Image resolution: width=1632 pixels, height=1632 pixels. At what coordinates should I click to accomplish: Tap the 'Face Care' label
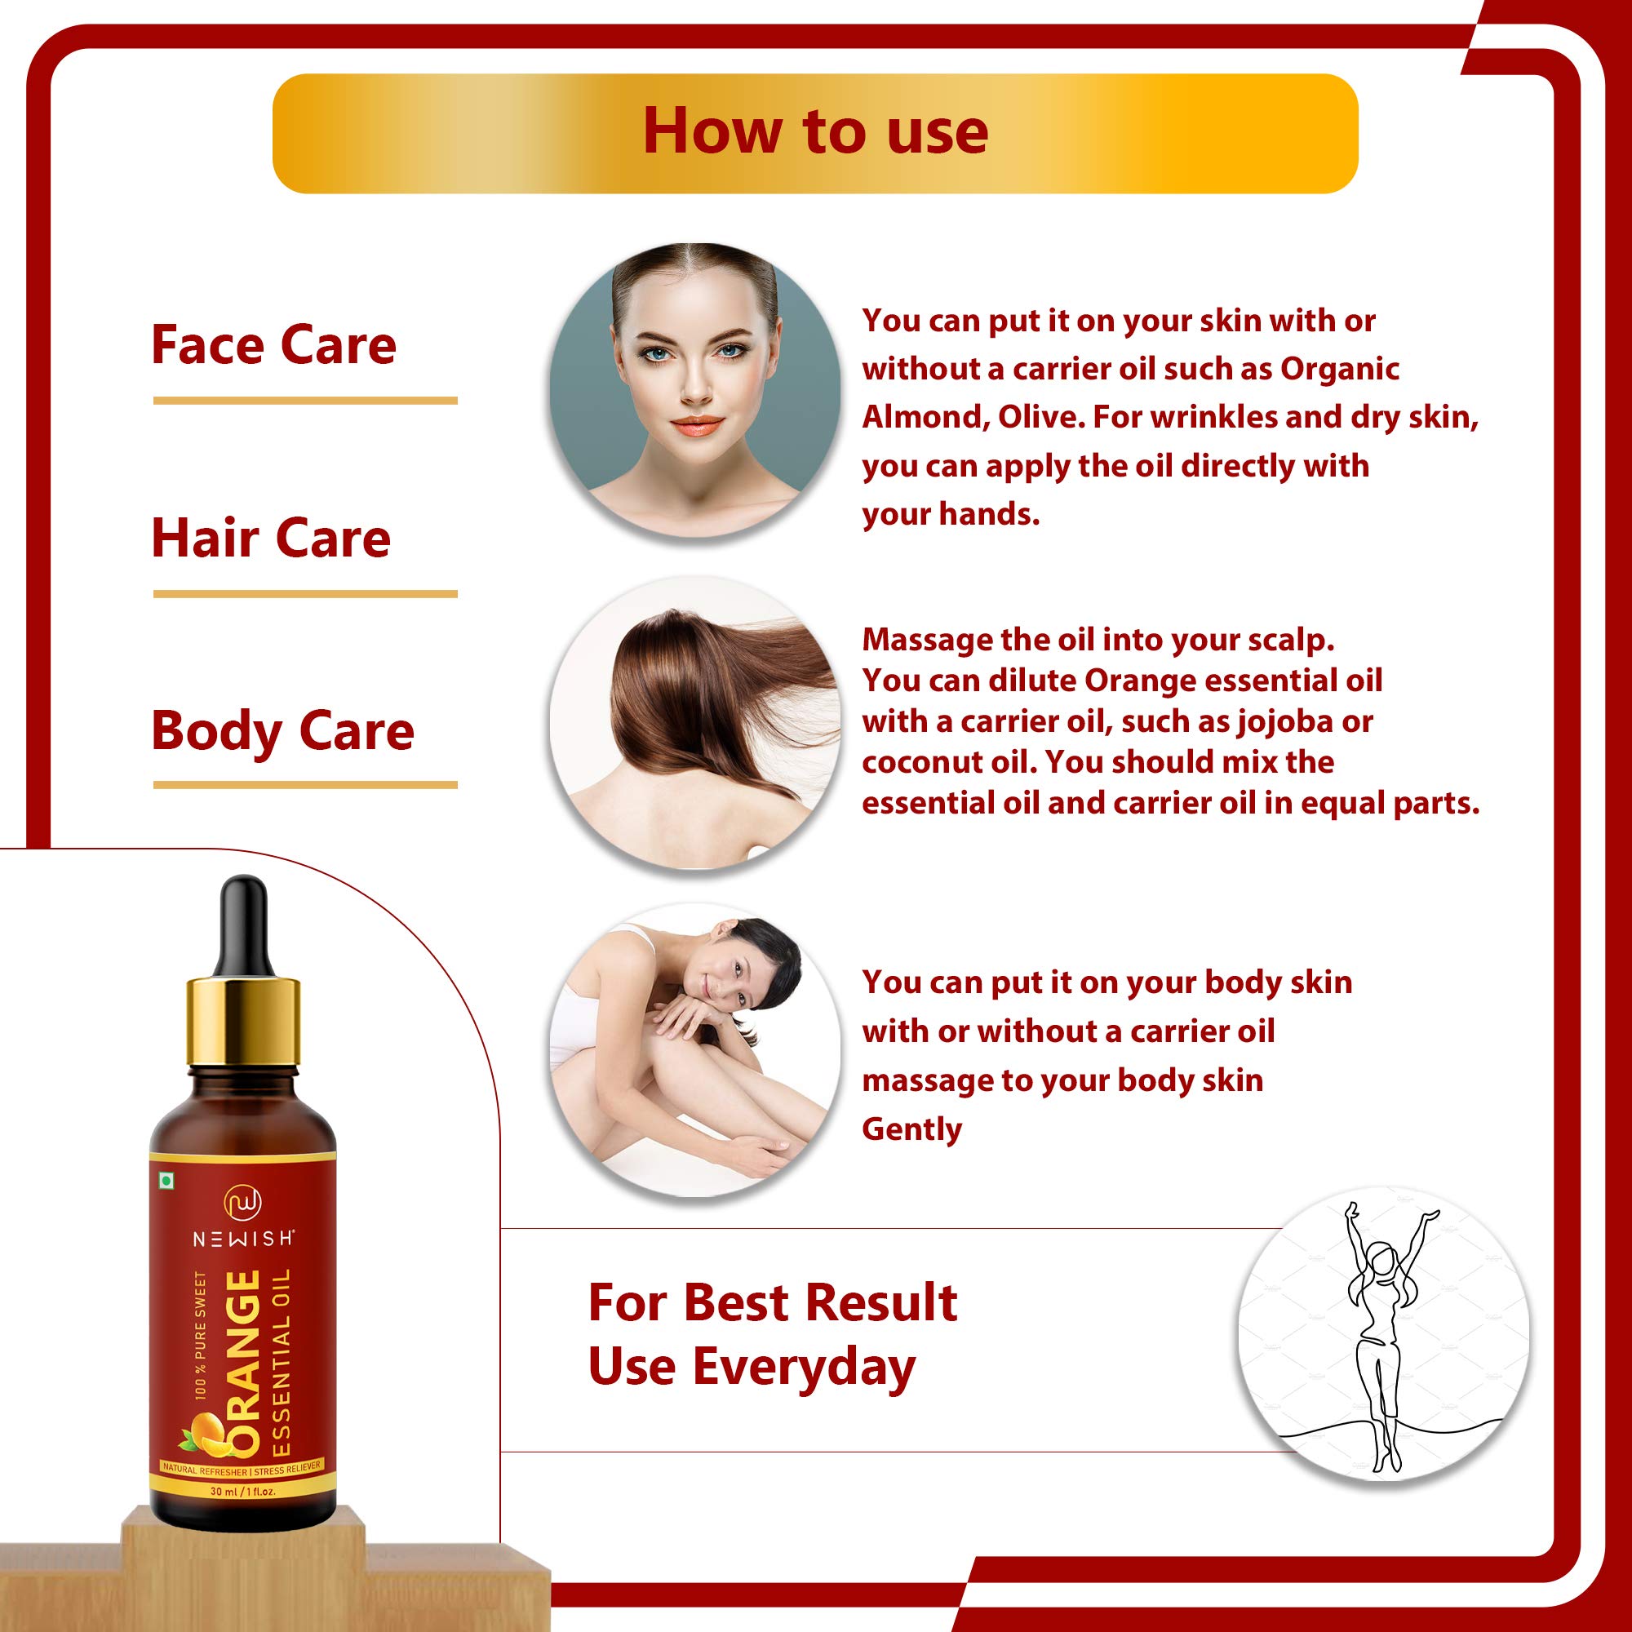click(x=273, y=344)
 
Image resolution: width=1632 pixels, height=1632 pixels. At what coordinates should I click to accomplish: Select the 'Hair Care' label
click(x=271, y=538)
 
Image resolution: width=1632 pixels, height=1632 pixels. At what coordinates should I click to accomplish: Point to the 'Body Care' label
click(x=283, y=730)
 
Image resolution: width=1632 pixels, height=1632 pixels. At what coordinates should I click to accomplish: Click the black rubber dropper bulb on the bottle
click(x=243, y=928)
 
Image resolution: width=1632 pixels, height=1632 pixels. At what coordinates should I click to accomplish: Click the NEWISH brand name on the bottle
click(x=243, y=1239)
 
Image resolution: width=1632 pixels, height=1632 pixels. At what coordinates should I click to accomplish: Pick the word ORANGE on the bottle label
click(x=245, y=1364)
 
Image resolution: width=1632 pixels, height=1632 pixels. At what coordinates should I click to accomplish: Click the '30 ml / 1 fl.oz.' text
click(x=243, y=1492)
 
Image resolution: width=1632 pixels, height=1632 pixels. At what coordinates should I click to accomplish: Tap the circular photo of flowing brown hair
click(x=694, y=723)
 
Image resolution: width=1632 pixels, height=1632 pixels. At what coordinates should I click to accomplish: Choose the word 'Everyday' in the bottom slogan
click(x=805, y=1368)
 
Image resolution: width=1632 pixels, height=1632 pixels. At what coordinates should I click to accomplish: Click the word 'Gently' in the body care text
click(x=911, y=1129)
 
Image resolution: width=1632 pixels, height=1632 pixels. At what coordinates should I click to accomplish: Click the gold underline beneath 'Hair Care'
click(x=305, y=594)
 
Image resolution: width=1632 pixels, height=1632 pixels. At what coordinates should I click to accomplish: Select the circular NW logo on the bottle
click(x=242, y=1204)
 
